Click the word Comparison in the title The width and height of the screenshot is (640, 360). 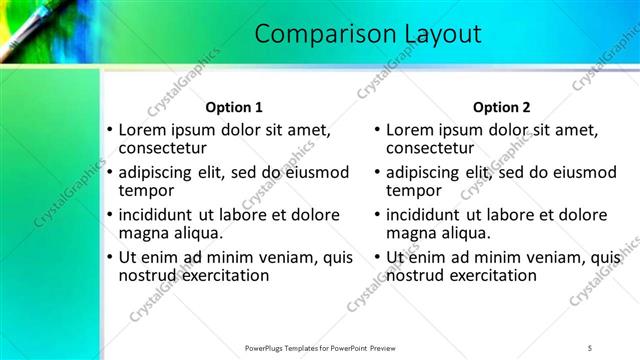(x=314, y=34)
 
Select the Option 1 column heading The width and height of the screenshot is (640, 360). (x=234, y=107)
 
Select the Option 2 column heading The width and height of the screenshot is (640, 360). (x=502, y=107)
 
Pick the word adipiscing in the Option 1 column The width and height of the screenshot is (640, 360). (x=159, y=171)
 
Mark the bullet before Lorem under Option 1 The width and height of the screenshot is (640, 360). (x=110, y=130)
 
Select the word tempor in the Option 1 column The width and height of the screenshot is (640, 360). (x=146, y=190)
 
